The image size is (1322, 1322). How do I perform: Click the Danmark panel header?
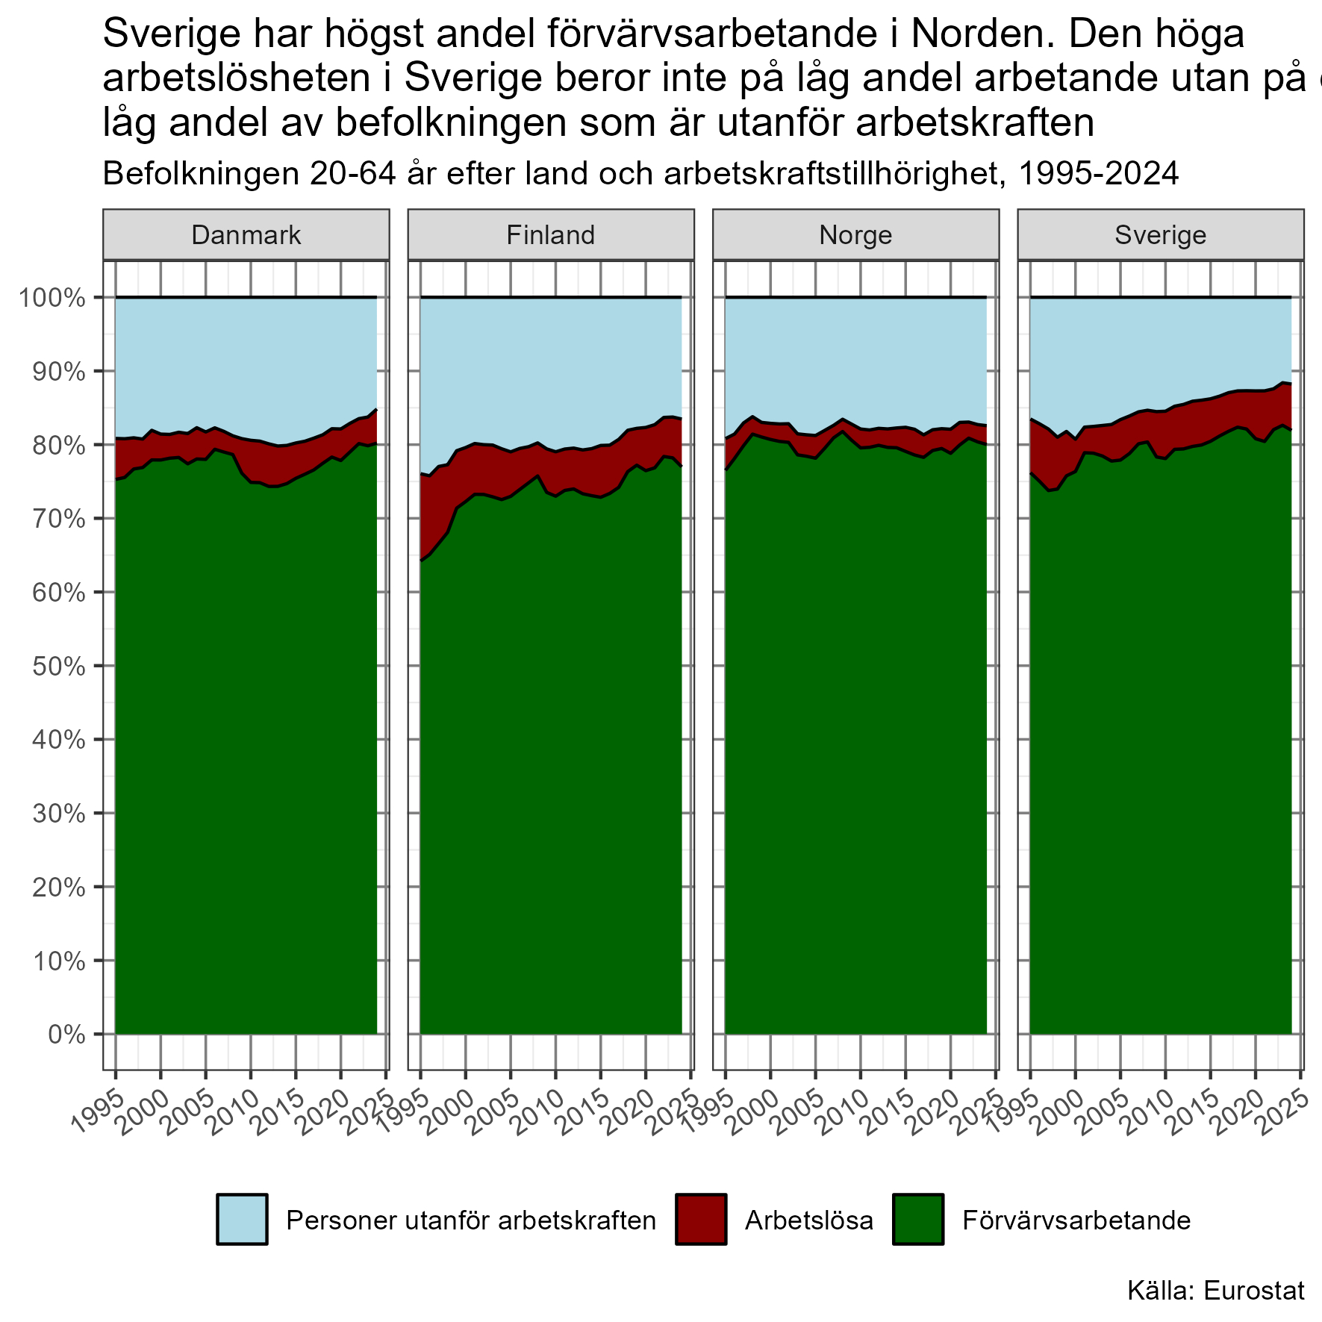tap(246, 235)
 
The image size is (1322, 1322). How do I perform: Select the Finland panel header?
tap(551, 235)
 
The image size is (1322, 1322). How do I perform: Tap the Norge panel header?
tap(855, 235)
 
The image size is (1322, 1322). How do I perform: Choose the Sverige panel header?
tap(1161, 235)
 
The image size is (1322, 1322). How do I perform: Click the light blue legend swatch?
tap(242, 1219)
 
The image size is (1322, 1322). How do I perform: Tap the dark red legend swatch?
tap(700, 1219)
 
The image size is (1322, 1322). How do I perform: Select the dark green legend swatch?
tap(917, 1219)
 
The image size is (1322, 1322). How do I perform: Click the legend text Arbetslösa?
tap(808, 1220)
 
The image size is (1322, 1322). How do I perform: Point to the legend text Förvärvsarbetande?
tap(1076, 1220)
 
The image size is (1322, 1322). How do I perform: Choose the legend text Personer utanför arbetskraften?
tap(471, 1220)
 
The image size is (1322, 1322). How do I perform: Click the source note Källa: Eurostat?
tap(1216, 1290)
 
